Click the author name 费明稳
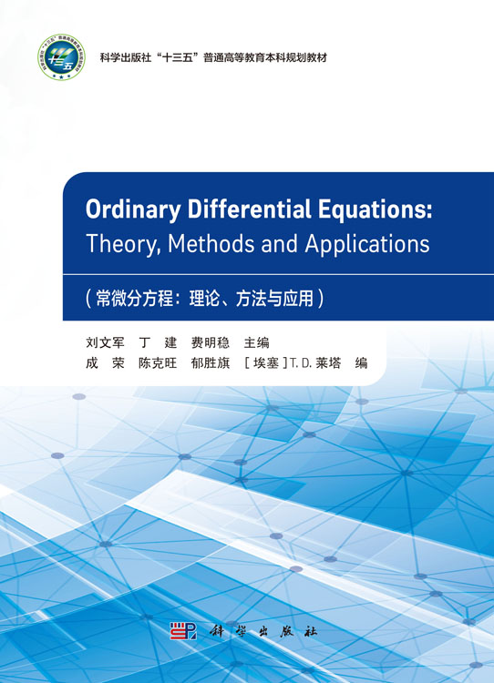[x=211, y=343]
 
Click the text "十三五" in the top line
[x=172, y=56]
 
